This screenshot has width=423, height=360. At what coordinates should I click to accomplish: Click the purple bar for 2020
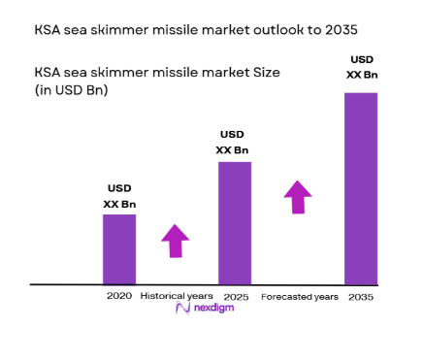coord(119,249)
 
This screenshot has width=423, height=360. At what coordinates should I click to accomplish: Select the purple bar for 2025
coord(235,223)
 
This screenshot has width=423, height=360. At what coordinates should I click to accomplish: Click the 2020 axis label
coord(118,295)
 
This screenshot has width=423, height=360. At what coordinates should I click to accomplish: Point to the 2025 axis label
coord(234,295)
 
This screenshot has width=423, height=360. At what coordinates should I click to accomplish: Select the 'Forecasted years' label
coord(299,296)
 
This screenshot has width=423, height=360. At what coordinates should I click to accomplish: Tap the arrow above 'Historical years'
coord(175,240)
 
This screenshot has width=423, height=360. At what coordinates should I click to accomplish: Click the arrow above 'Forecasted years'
coord(298,196)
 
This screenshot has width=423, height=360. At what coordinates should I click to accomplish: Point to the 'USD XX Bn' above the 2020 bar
coord(119,196)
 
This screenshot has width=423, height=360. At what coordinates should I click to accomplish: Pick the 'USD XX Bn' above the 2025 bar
coord(233,143)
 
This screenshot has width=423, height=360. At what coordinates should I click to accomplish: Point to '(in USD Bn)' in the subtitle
coord(71,91)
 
